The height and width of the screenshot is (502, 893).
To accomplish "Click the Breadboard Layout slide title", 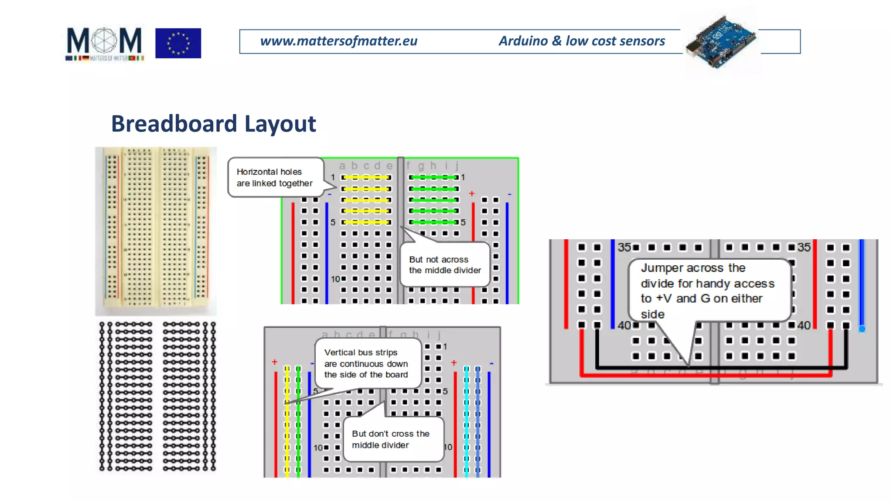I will coord(213,124).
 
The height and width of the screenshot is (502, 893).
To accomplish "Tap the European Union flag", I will coord(178,43).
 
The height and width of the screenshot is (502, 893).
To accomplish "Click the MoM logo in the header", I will coord(104,44).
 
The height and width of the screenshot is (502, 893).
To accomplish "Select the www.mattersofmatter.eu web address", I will coord(338,41).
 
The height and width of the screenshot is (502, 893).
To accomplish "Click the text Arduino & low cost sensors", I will coord(582,41).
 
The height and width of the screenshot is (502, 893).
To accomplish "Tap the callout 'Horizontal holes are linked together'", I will coord(275,177).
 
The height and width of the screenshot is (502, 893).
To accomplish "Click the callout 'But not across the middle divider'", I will coord(445,265).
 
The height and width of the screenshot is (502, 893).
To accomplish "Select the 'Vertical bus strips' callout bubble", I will coord(366,363).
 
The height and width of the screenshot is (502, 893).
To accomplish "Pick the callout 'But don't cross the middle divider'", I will coord(391,439).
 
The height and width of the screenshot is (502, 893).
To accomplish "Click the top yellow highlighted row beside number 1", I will coord(366,177).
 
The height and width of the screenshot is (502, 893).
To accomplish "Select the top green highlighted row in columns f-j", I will coord(433,177).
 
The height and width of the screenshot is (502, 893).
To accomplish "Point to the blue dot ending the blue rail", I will coord(862,329).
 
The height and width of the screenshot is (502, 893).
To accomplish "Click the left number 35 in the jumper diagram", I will coord(624,248).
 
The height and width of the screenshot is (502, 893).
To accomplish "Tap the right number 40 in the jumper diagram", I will coord(804,325).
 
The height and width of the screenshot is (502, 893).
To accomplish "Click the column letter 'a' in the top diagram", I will coord(342,166).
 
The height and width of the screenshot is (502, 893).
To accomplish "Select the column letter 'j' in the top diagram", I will coord(457,166).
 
